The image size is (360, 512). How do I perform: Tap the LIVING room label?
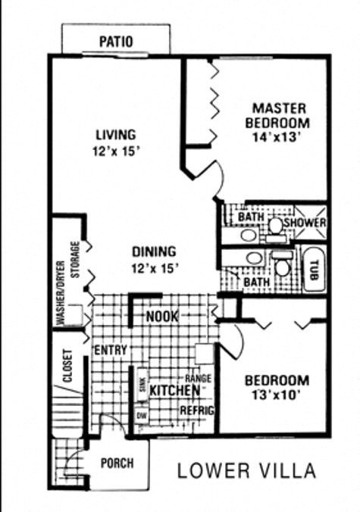coord(117,135)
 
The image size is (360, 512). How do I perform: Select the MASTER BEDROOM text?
coord(280,115)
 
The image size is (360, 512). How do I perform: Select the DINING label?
coord(154,251)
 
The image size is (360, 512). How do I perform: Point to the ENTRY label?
coord(110,351)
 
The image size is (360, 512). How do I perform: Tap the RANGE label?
coord(199,378)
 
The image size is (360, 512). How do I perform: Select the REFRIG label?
coord(197,410)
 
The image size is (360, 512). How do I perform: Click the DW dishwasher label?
coord(140,416)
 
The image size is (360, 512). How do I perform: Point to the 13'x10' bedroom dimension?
coord(275,395)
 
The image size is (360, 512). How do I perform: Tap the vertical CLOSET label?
coord(67,365)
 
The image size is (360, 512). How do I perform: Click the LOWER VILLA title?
coord(246,470)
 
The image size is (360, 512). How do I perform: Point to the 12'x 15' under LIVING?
coord(117,151)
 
